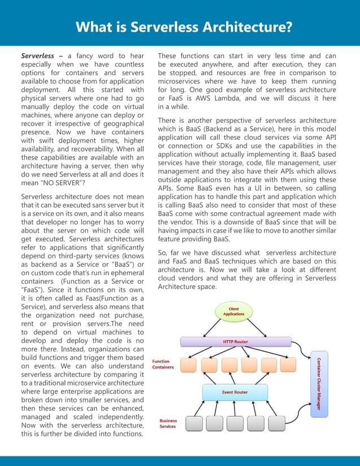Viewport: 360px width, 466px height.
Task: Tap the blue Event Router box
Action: (x=235, y=391)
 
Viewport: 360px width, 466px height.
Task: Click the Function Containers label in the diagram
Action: (x=163, y=364)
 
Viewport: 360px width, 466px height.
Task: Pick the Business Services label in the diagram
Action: (x=168, y=423)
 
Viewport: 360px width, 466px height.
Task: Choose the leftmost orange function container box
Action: (x=189, y=365)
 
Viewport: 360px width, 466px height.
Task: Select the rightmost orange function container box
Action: (x=287, y=365)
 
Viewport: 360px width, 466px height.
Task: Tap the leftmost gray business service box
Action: (x=194, y=423)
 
